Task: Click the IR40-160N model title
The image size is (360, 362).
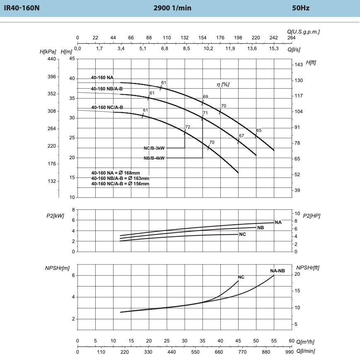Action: click(21, 8)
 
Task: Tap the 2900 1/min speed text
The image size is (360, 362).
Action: click(172, 8)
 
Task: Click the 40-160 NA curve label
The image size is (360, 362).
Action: click(102, 78)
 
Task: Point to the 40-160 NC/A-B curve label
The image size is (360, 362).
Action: click(107, 108)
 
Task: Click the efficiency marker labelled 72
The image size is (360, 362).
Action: click(188, 127)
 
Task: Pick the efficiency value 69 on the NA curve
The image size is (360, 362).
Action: click(205, 97)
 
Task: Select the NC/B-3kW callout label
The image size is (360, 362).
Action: click(154, 148)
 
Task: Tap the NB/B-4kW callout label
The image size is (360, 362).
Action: click(154, 158)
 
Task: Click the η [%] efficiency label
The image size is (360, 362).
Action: click(223, 84)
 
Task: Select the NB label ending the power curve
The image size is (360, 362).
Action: click(261, 228)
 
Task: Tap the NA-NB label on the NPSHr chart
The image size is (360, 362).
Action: click(277, 271)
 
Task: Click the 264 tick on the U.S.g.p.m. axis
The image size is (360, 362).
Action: click(292, 38)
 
